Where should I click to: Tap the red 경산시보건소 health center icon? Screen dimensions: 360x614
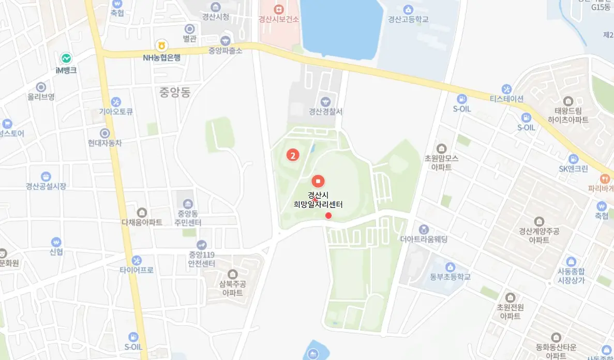[279, 10]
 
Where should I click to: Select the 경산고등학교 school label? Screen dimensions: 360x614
[408, 19]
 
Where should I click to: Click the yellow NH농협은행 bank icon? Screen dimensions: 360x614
[162, 46]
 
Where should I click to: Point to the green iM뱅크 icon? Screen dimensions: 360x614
[66, 58]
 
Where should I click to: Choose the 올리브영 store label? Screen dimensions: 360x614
[41, 97]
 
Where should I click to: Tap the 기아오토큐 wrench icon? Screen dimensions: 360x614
[116, 101]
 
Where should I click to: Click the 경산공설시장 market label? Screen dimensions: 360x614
[46, 186]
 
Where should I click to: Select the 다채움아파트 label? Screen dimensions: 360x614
[142, 222]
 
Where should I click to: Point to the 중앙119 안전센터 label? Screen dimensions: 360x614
[202, 259]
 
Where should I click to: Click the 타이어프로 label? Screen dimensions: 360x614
[137, 270]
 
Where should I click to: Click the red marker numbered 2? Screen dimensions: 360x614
[293, 155]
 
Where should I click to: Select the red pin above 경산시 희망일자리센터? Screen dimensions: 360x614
[318, 181]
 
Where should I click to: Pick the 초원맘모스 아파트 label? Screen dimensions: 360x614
[441, 162]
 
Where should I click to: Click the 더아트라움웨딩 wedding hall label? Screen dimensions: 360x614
[424, 239]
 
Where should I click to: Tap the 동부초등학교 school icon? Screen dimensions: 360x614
[450, 267]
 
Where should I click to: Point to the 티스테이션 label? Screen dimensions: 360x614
[507, 99]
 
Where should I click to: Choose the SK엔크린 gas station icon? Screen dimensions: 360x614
[573, 159]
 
